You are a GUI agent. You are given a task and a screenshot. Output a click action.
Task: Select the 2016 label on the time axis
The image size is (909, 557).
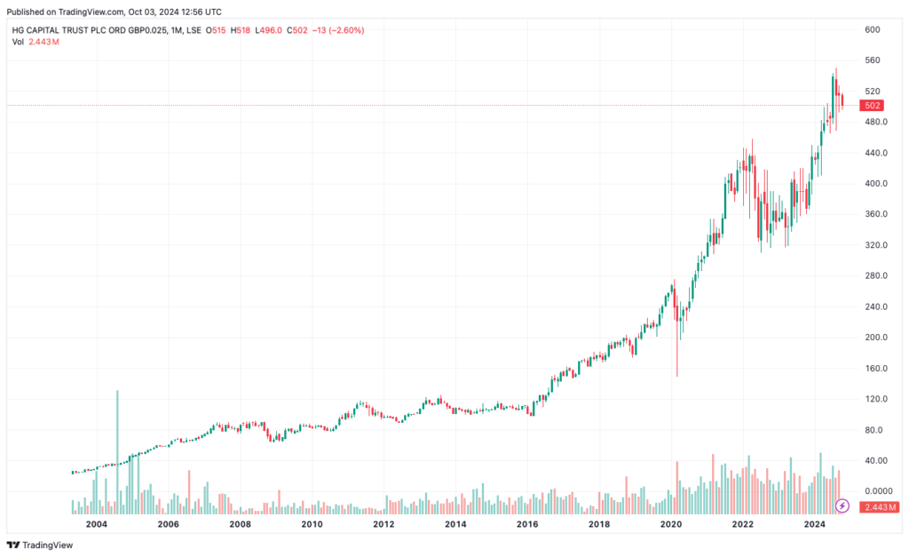(527, 525)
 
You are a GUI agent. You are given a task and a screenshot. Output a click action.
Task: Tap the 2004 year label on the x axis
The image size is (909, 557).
(96, 525)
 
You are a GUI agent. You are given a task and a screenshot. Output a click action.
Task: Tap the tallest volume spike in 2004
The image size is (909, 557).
(117, 444)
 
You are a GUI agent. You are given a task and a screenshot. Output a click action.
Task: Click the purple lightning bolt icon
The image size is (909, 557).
(842, 506)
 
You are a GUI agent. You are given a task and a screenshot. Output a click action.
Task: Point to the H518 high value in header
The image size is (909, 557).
(240, 30)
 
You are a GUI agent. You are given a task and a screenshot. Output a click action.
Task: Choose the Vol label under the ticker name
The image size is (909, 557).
(18, 42)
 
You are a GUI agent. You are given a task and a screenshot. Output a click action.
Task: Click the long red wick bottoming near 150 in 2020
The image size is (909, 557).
(676, 355)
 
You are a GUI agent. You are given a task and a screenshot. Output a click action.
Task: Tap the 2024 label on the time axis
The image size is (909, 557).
(815, 525)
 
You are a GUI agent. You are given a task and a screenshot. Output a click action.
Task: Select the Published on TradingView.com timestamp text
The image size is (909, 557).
(114, 12)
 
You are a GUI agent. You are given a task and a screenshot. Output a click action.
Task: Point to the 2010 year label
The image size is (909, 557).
(312, 525)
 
